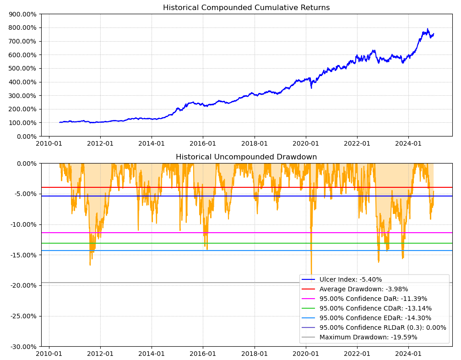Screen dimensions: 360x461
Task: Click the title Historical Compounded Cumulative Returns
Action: pyautogui.click(x=246, y=8)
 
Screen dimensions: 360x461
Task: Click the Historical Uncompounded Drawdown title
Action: pyautogui.click(x=246, y=157)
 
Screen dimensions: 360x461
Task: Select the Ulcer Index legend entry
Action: pyautogui.click(x=350, y=279)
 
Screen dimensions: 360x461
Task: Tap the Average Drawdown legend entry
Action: pyautogui.click(x=363, y=289)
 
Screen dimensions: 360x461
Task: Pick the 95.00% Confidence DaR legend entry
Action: pyautogui.click(x=373, y=299)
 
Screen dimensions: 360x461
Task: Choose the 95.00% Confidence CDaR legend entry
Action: pyautogui.click(x=375, y=308)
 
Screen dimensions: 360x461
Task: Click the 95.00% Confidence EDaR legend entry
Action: pyautogui.click(x=375, y=318)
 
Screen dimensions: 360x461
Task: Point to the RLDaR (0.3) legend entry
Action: pyautogui.click(x=383, y=327)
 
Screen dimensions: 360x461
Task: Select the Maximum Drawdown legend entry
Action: pyautogui.click(x=368, y=337)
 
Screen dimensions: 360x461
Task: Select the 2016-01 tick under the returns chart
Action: pyautogui.click(x=203, y=143)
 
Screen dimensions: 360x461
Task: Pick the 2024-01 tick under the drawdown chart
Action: pyautogui.click(x=408, y=353)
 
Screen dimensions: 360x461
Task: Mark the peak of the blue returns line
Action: pyautogui.click(x=428, y=29)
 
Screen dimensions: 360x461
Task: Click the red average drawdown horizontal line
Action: pyautogui.click(x=183, y=187)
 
